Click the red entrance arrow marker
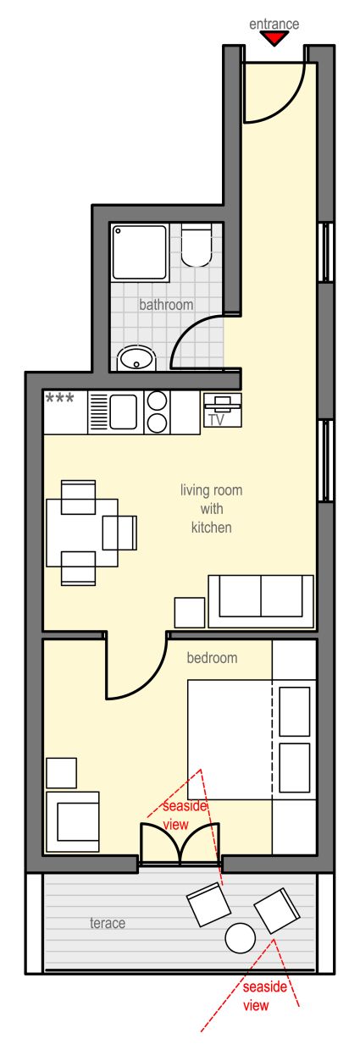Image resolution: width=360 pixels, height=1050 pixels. click(274, 39)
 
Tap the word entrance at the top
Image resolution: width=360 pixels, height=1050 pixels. click(274, 24)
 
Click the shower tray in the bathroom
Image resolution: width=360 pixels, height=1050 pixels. click(140, 252)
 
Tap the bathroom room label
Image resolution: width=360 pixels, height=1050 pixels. click(166, 305)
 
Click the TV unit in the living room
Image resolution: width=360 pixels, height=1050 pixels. click(223, 410)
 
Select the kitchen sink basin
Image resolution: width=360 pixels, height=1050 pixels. click(124, 411)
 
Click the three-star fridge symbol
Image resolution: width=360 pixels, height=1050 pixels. click(59, 399)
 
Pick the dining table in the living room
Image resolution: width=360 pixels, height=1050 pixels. click(82, 533)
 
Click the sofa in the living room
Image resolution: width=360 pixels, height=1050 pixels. click(261, 601)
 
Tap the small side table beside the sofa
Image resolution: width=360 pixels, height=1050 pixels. click(190, 613)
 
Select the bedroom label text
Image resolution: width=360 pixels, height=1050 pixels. click(212, 658)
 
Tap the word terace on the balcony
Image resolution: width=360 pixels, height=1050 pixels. click(108, 923)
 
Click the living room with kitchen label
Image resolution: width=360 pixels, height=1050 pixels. click(212, 509)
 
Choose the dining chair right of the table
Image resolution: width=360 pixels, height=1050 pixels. click(120, 533)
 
